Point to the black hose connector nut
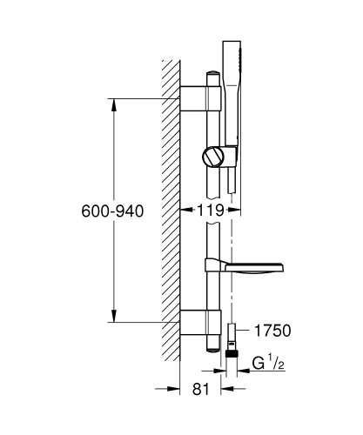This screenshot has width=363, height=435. click(x=232, y=354)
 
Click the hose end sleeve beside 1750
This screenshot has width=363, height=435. click(x=232, y=336)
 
